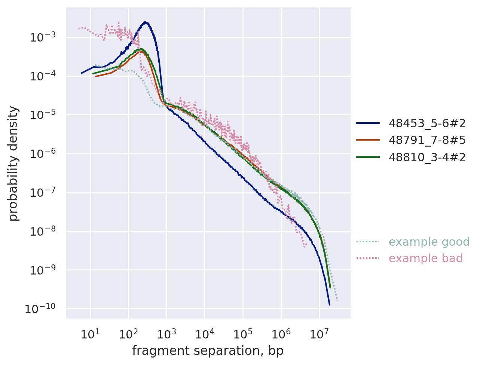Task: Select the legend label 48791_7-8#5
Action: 427,140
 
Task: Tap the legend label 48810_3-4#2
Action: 427,157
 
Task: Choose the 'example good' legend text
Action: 429,242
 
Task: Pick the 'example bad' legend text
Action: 425,258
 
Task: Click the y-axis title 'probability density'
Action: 13,163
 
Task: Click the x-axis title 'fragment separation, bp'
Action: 208,351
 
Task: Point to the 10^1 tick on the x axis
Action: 90,334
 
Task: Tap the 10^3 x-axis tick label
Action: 166,334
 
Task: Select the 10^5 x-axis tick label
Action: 243,334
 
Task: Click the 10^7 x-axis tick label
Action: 319,334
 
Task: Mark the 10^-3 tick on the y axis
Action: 43,37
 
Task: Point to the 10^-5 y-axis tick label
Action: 43,115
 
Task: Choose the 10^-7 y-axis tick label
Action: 43,193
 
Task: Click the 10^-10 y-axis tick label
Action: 40,309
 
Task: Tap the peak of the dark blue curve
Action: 146,22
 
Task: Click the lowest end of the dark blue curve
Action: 330,305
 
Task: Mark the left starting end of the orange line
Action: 96,76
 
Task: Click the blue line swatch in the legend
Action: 368,123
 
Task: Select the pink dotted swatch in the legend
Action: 368,258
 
